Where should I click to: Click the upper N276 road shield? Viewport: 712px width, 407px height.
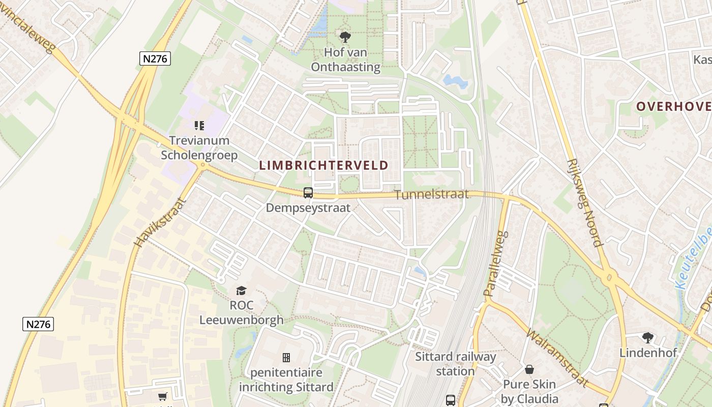pyautogui.click(x=155, y=59)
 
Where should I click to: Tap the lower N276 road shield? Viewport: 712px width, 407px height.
pyautogui.click(x=38, y=324)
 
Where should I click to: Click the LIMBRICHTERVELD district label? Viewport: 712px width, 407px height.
pyautogui.click(x=323, y=165)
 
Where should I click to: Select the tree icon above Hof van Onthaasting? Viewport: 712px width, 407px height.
pyautogui.click(x=345, y=37)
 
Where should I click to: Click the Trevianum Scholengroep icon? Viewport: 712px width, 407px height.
pyautogui.click(x=199, y=125)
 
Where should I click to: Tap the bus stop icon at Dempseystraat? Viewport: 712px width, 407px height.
pyautogui.click(x=308, y=193)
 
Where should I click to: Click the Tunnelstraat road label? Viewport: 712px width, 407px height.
pyautogui.click(x=431, y=195)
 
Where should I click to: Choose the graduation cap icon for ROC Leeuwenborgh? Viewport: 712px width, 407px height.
pyautogui.click(x=241, y=290)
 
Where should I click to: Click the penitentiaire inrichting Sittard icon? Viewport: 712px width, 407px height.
pyautogui.click(x=286, y=358)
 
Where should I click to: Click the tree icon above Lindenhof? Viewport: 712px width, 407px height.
pyautogui.click(x=647, y=337)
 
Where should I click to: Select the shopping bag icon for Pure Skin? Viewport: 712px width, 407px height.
pyautogui.click(x=529, y=369)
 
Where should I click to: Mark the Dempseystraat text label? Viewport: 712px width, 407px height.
pyautogui.click(x=308, y=208)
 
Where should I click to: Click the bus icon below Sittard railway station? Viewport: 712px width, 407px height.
pyautogui.click(x=451, y=400)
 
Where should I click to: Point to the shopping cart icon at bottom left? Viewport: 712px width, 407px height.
pyautogui.click(x=163, y=397)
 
